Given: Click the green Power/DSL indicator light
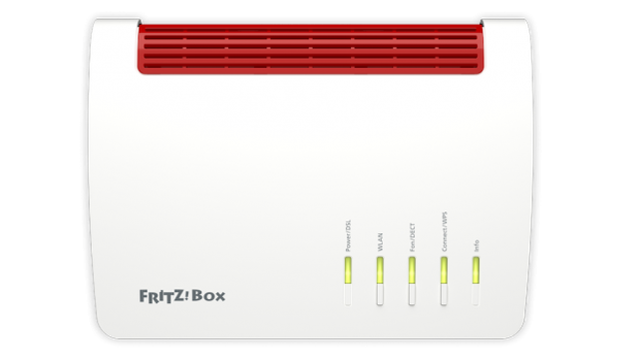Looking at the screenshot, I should point(348,270).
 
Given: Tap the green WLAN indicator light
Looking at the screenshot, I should point(380,270).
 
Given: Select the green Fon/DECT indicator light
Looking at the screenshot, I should point(412,270).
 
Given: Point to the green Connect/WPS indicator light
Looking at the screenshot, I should point(444,270).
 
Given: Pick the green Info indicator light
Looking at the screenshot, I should point(477,270).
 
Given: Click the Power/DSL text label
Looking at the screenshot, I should point(348,235).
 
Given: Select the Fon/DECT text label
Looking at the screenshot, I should point(412,237).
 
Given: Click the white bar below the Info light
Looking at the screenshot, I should point(477,296).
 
